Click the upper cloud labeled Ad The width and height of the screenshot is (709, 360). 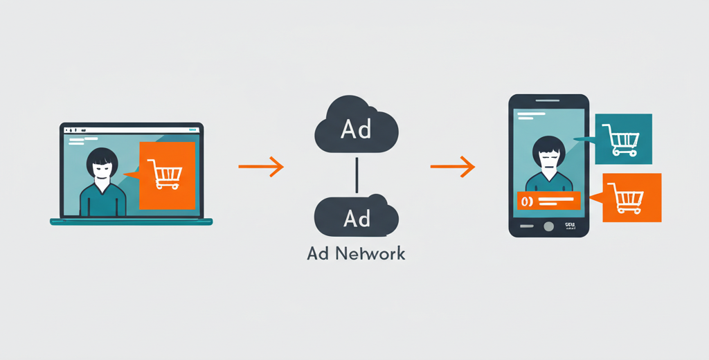(356, 128)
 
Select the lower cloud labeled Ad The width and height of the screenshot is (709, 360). (356, 217)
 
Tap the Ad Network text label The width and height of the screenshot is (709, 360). (356, 253)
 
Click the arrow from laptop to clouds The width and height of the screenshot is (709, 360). (261, 166)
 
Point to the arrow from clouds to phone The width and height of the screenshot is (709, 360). (452, 166)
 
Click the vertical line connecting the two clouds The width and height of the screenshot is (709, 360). (356, 174)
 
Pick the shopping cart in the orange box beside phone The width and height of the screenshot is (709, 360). (630, 198)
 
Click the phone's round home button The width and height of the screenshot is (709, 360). (549, 226)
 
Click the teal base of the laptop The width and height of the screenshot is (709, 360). (131, 222)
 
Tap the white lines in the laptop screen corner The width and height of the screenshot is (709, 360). (76, 141)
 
